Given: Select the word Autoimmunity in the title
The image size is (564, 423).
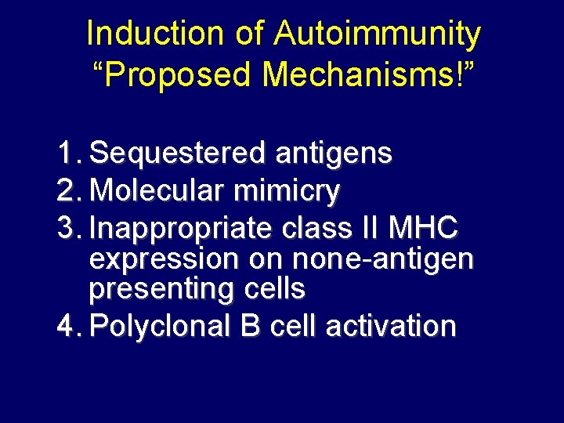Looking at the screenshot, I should coord(378,34).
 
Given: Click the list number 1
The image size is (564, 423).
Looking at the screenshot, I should coord(69,154).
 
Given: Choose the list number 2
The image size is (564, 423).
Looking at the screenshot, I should coord(69,191).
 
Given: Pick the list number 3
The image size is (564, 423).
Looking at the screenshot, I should coord(69,229).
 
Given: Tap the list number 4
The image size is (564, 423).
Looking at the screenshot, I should coord(69,325).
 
